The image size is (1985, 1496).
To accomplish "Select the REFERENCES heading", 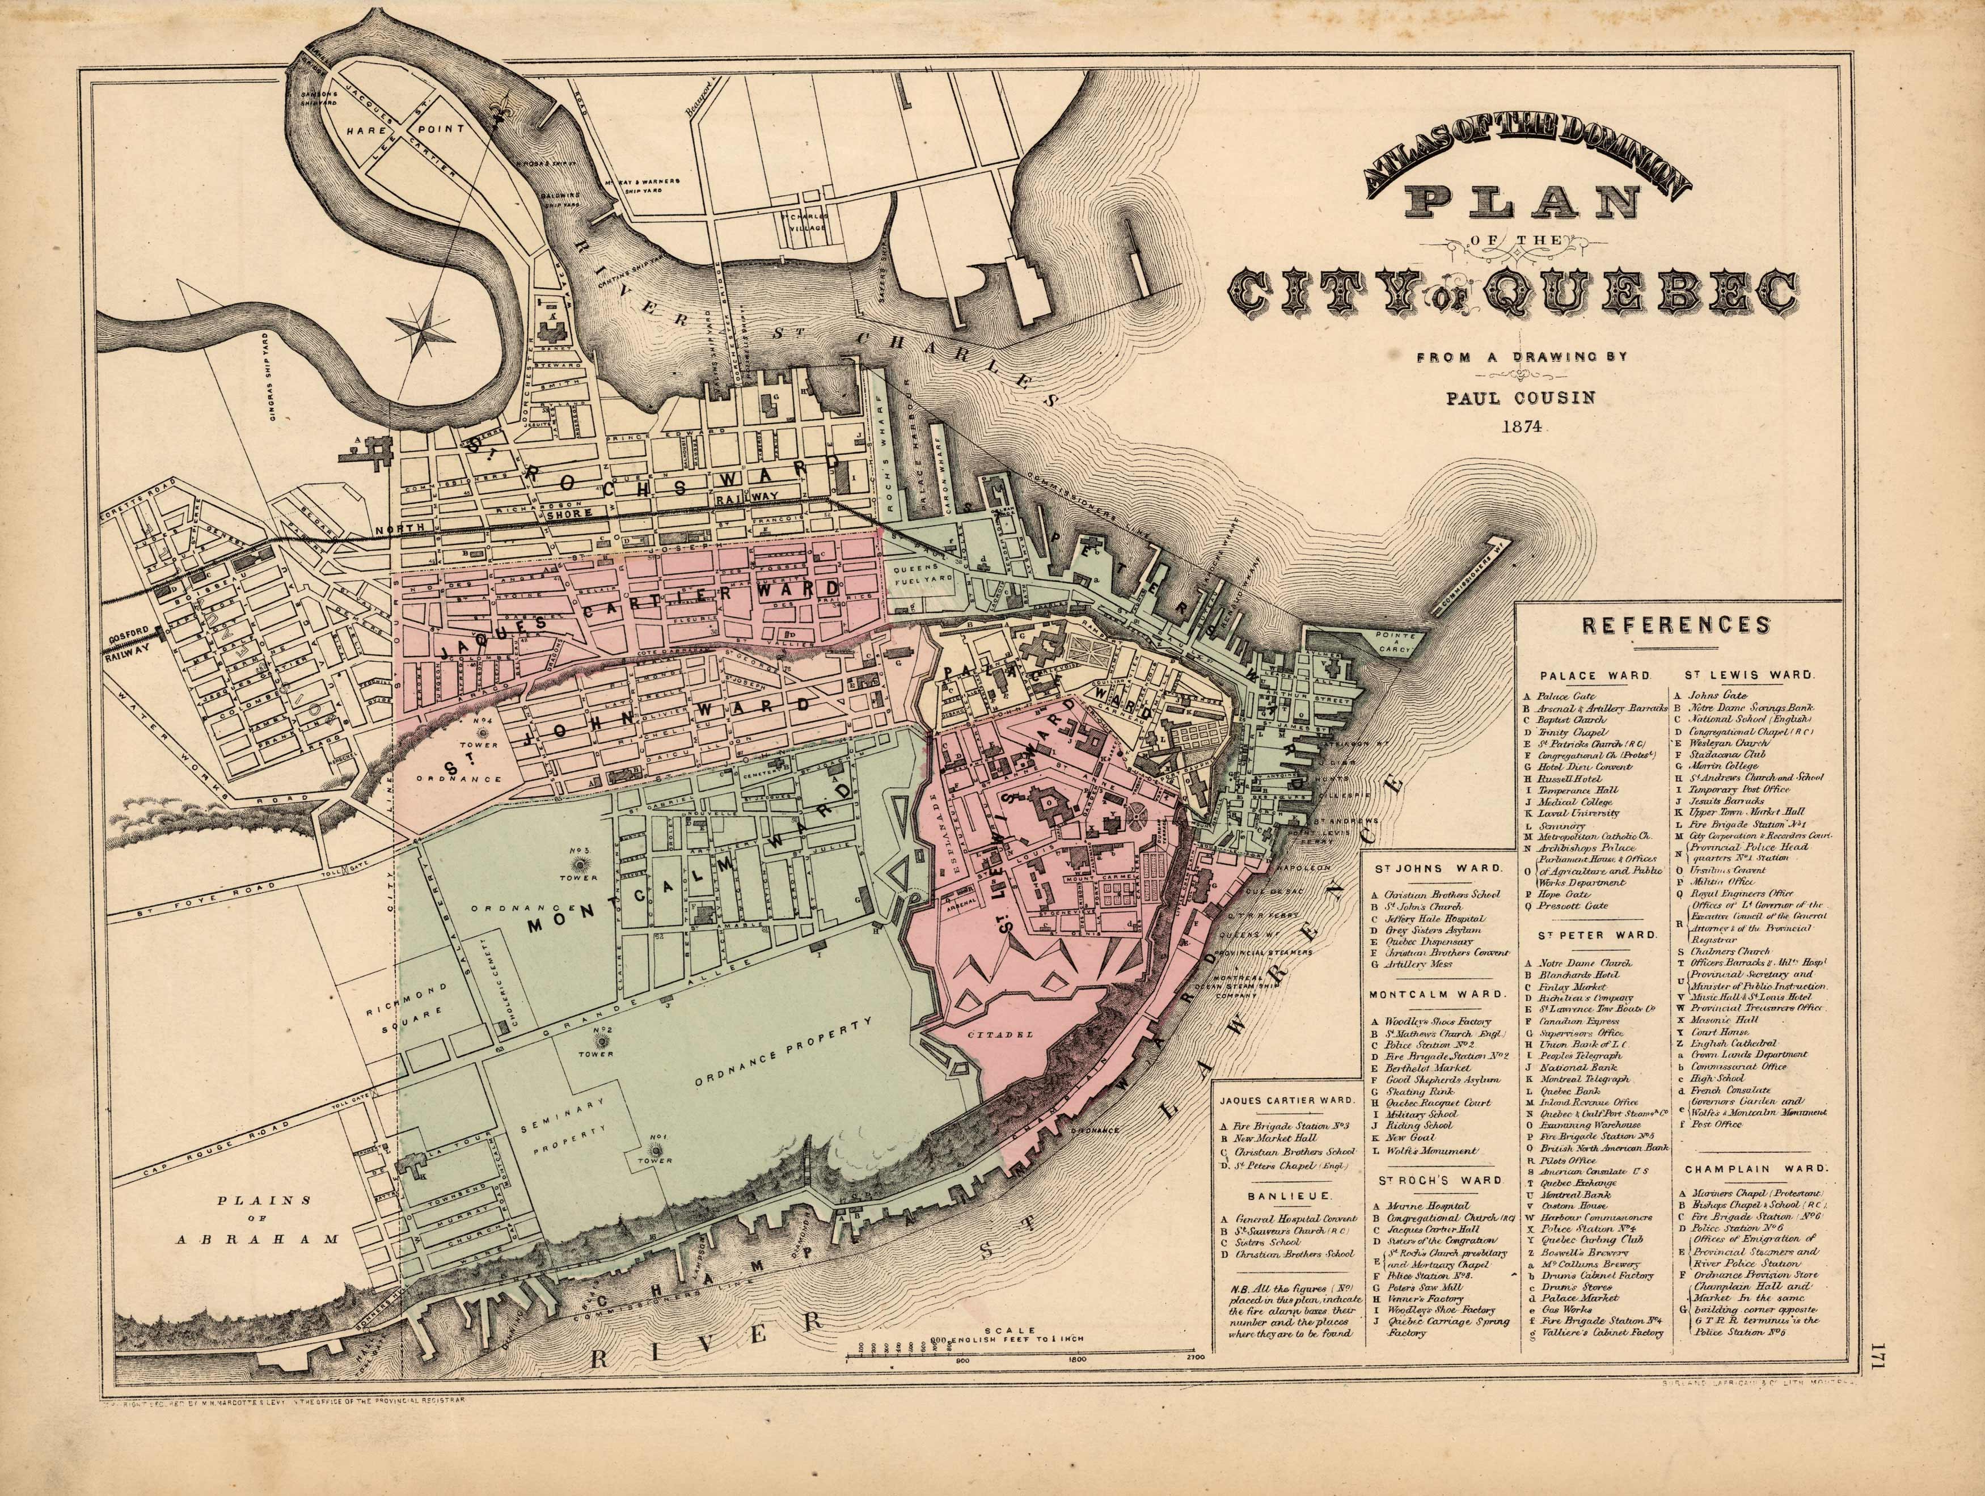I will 1675,624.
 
